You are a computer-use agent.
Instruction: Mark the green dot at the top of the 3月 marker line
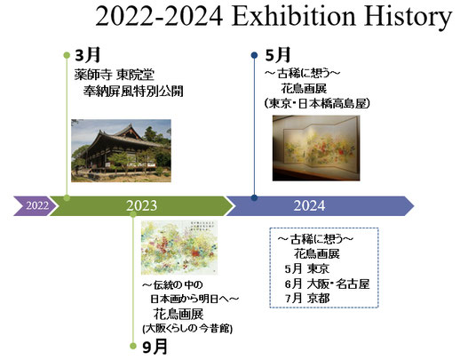[x=66, y=55]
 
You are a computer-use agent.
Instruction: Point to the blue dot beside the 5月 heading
[x=255, y=55]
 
